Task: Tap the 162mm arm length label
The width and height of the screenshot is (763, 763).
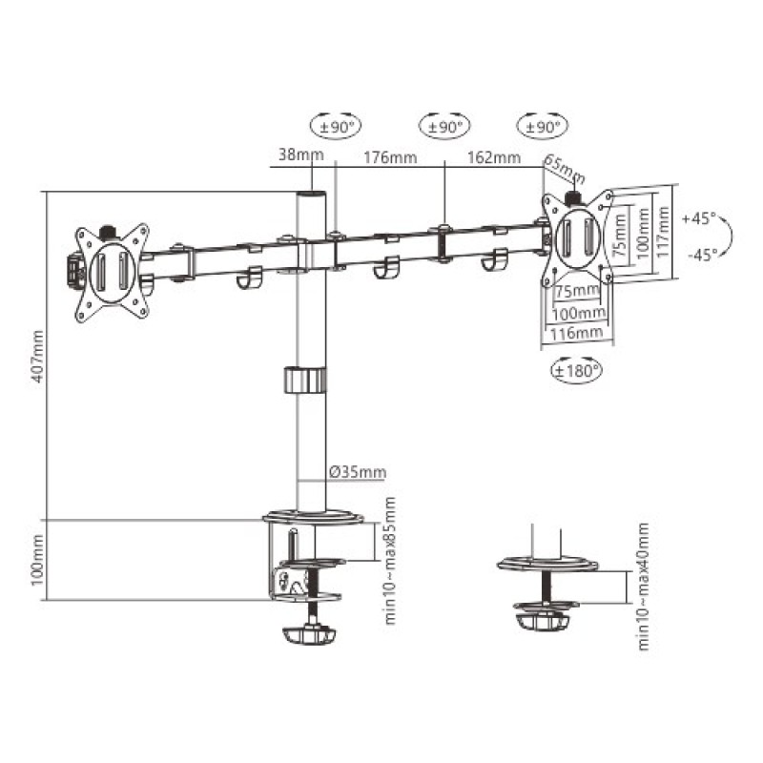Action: (493, 157)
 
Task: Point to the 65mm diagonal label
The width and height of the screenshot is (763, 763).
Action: (565, 170)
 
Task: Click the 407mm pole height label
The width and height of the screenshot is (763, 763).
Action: (37, 355)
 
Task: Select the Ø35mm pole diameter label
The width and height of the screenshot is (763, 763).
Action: (358, 472)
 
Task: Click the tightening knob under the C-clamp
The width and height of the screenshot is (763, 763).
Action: (311, 633)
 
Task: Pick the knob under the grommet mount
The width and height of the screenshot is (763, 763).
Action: (540, 622)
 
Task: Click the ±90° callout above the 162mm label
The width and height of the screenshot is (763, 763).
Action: (541, 125)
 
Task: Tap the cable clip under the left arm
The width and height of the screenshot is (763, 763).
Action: (249, 279)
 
